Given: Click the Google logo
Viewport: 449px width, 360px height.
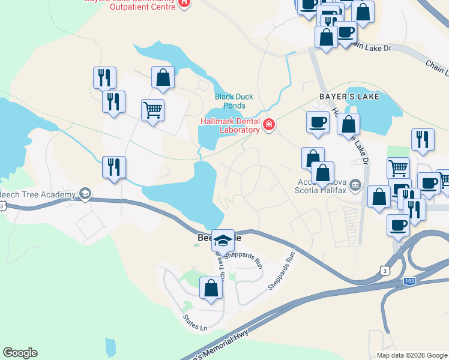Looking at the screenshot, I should point(20,353).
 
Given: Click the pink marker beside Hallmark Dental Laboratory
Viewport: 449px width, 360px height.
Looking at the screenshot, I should point(268,125).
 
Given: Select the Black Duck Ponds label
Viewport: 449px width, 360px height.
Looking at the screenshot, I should point(234,101).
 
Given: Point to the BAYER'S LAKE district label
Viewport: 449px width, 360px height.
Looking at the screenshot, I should point(340,96).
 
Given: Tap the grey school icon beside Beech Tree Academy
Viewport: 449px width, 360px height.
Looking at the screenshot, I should point(85,193).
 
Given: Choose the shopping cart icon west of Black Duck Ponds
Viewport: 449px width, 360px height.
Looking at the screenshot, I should point(153,110).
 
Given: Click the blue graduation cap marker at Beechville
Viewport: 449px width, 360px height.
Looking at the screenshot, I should point(223,241).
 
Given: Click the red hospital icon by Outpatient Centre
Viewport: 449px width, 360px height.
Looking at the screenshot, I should point(184,3).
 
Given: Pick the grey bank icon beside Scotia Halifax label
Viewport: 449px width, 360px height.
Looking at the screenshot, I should point(355,185).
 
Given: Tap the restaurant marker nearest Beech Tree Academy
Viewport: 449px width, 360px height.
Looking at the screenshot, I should point(113,167).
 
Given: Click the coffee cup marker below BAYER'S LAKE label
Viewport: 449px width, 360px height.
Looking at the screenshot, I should point(318,122).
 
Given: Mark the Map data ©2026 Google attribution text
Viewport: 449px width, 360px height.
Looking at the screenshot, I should point(412,355).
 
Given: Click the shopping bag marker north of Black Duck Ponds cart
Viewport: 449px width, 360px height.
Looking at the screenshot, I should point(163,77).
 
